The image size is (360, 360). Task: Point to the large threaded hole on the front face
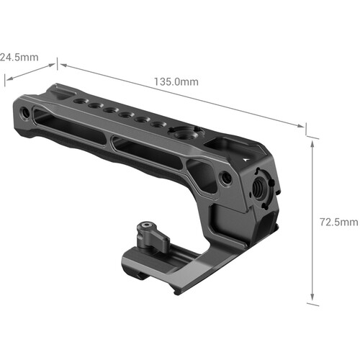pos(257,186)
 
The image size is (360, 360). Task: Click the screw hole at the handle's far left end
pos(26,113)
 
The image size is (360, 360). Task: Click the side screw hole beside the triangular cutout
pos(227,176)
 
